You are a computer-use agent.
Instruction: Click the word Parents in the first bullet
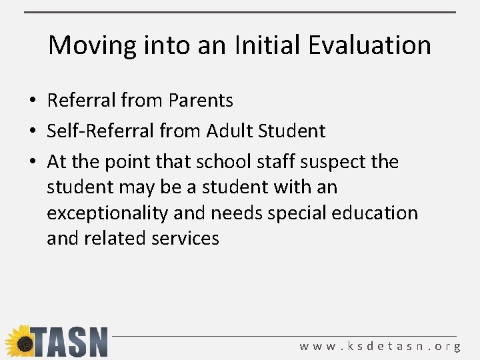(x=201, y=101)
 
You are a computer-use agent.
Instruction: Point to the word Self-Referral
(x=100, y=131)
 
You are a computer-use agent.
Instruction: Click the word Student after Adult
(x=292, y=131)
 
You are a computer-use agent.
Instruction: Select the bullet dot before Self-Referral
(x=32, y=131)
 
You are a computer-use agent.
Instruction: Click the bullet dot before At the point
(x=32, y=162)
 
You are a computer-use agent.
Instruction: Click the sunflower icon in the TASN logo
(x=20, y=341)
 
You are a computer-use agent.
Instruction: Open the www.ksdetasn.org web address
(x=380, y=346)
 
